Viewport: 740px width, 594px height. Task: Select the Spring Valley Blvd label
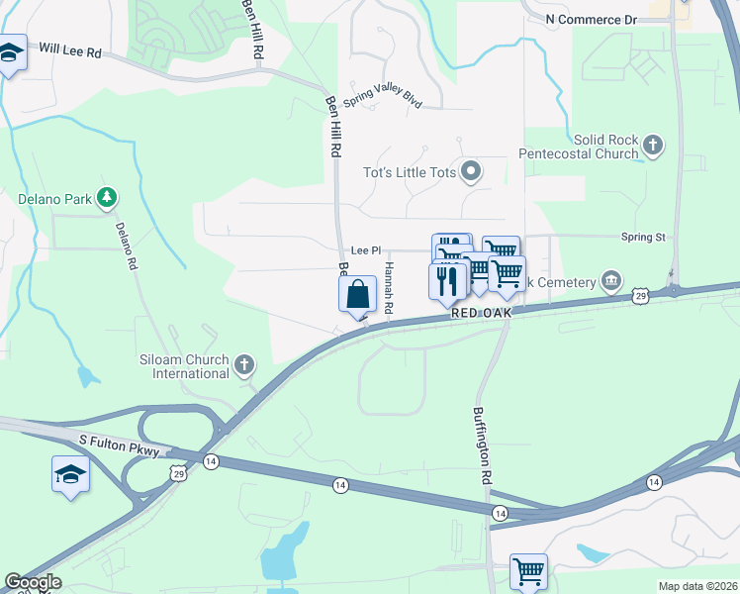382,101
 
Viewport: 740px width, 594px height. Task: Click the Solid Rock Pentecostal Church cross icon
652,147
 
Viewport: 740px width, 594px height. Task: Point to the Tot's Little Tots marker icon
472,172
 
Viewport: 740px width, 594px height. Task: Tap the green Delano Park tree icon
107,198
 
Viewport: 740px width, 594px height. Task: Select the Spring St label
643,238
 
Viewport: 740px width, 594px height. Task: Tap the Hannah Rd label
389,289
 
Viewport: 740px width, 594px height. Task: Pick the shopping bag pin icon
357,295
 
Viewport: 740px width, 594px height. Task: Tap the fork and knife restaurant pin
447,279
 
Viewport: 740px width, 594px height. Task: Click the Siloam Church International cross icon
244,366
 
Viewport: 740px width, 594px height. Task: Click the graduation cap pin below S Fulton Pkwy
70,474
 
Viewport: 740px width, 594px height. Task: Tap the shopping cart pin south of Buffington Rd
528,571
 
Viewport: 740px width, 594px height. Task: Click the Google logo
33,582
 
